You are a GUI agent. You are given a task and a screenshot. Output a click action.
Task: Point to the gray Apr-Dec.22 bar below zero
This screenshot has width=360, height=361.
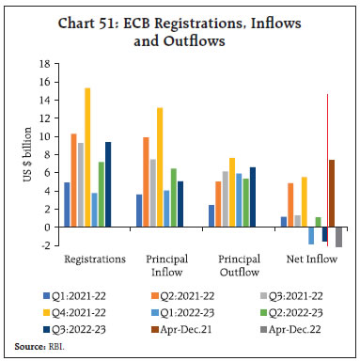click(x=339, y=236)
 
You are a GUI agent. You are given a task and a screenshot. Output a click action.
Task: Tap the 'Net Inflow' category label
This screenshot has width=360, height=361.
click(x=309, y=258)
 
